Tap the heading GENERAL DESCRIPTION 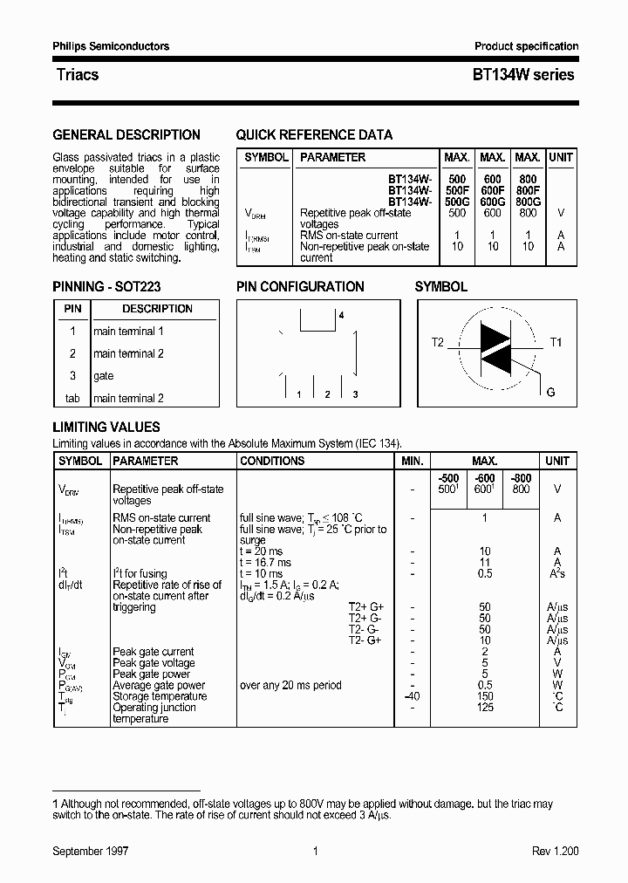click(126, 135)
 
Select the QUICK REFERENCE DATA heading click(314, 135)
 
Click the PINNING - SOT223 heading click(106, 286)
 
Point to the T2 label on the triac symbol click(438, 342)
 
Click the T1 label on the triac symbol click(556, 342)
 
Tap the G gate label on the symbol click(550, 392)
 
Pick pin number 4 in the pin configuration click(341, 314)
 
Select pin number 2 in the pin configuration click(327, 395)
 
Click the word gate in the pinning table click(104, 376)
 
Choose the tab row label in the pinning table click(72, 399)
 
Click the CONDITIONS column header click(272, 461)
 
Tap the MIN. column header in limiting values click(412, 461)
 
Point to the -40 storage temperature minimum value click(412, 696)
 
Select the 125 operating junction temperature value click(485, 708)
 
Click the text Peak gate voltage click(154, 663)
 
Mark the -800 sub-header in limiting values click(521, 478)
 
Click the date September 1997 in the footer click(91, 852)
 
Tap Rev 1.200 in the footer click(555, 852)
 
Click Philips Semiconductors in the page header click(111, 46)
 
